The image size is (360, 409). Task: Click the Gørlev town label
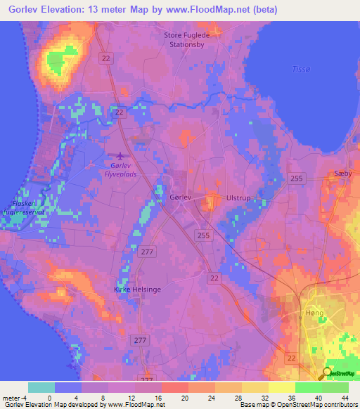(181, 198)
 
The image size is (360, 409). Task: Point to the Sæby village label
(341, 172)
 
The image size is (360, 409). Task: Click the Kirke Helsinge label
(138, 289)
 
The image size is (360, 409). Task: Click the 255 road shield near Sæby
(296, 178)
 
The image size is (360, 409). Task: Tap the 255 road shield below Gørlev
(203, 235)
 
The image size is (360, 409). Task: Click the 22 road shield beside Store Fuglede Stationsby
(105, 58)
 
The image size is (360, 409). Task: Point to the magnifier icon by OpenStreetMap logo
(328, 374)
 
